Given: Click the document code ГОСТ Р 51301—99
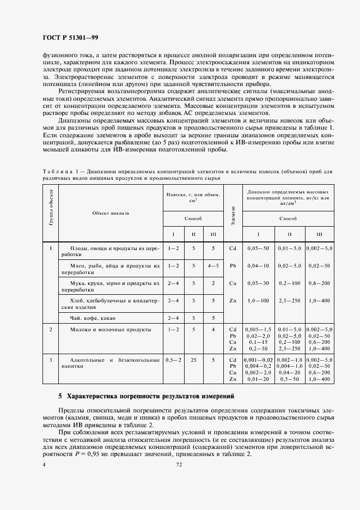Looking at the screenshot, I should pos(70,37).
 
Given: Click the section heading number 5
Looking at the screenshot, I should pos(60,396).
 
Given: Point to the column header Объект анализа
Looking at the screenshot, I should pos(111,212).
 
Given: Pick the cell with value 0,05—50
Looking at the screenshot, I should pos(258,248).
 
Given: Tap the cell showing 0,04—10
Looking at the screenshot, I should pos(258,265).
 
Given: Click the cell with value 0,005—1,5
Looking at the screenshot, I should pos(258,330).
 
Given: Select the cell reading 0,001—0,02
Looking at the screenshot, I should pos(258,360).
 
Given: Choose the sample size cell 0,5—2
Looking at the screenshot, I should pos(174,360).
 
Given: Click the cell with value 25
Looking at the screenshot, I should pos(193,360).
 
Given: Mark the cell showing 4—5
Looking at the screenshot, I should pos(213,265).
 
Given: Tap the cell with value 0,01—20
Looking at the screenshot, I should pos(258,379).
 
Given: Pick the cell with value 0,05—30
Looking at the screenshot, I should pos(258,283).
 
